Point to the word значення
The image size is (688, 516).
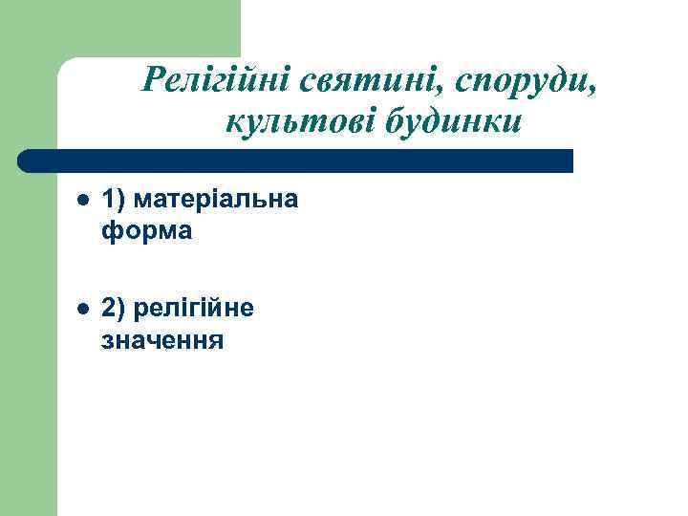pyautogui.click(x=162, y=339)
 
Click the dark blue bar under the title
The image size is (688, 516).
pyautogui.click(x=296, y=161)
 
